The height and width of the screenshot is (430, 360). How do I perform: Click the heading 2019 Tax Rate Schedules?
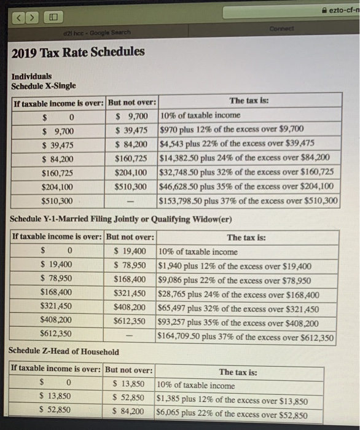(78, 52)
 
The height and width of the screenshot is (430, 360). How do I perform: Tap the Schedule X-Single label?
(44, 86)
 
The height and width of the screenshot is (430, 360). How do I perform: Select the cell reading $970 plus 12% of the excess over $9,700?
(231, 130)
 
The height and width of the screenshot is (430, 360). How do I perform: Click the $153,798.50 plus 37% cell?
(248, 201)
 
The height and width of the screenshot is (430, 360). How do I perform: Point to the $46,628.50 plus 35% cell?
(246, 187)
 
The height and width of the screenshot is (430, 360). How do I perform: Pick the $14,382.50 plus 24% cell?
(245, 158)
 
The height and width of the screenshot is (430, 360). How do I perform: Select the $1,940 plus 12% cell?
(234, 266)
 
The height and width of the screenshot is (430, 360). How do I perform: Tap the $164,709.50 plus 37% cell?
(246, 337)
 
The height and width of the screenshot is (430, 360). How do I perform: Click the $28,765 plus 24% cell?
(239, 294)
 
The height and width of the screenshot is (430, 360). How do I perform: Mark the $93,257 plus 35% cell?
(238, 323)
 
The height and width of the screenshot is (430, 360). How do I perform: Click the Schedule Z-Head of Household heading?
(64, 351)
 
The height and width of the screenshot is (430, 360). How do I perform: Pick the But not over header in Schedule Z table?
(129, 370)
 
